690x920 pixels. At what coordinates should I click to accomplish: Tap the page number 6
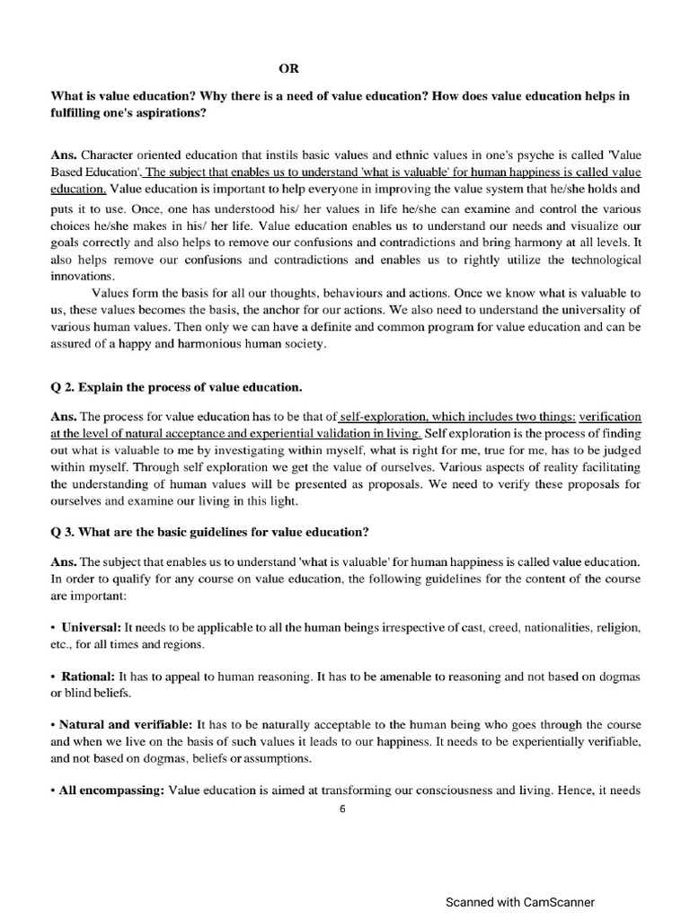pos(342,808)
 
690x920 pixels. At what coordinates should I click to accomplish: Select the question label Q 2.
pos(62,387)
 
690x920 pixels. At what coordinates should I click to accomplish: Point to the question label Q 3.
pos(62,530)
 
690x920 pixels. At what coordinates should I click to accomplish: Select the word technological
pos(597,259)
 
